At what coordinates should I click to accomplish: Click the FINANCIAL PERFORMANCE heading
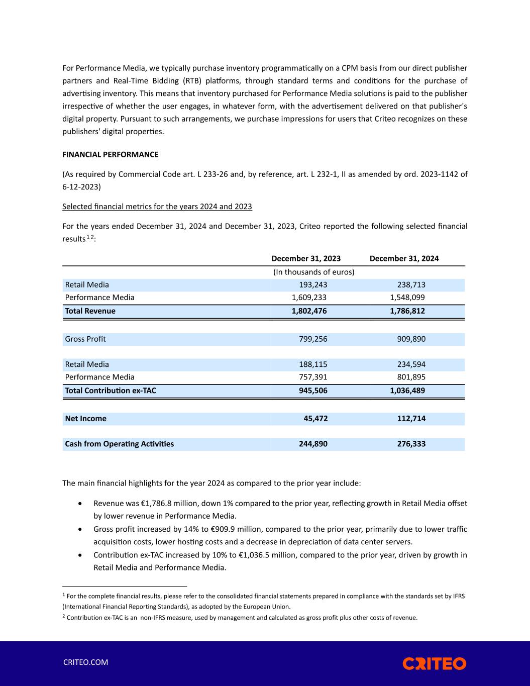coord(110,154)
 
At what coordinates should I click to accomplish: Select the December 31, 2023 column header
coord(306,258)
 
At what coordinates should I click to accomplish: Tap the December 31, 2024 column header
coord(404,258)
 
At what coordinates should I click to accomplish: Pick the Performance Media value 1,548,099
coord(407,297)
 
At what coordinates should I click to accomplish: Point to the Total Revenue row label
coord(90,311)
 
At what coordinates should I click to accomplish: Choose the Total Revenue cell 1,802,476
coord(309,311)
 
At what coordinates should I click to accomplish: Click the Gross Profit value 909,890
coord(411,339)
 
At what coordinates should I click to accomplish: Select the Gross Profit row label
coord(85,339)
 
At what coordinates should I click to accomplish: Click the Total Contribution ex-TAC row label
coord(111,390)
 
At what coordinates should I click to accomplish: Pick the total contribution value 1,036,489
coord(407,390)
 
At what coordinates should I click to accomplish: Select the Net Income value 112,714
coord(411,419)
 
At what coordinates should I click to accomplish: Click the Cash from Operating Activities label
coord(120,444)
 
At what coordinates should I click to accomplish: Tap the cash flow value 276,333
coord(411,444)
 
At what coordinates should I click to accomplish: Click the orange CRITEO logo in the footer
coord(434,663)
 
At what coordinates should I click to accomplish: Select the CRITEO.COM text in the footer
coord(85,662)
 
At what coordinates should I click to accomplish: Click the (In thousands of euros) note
coord(313,272)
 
